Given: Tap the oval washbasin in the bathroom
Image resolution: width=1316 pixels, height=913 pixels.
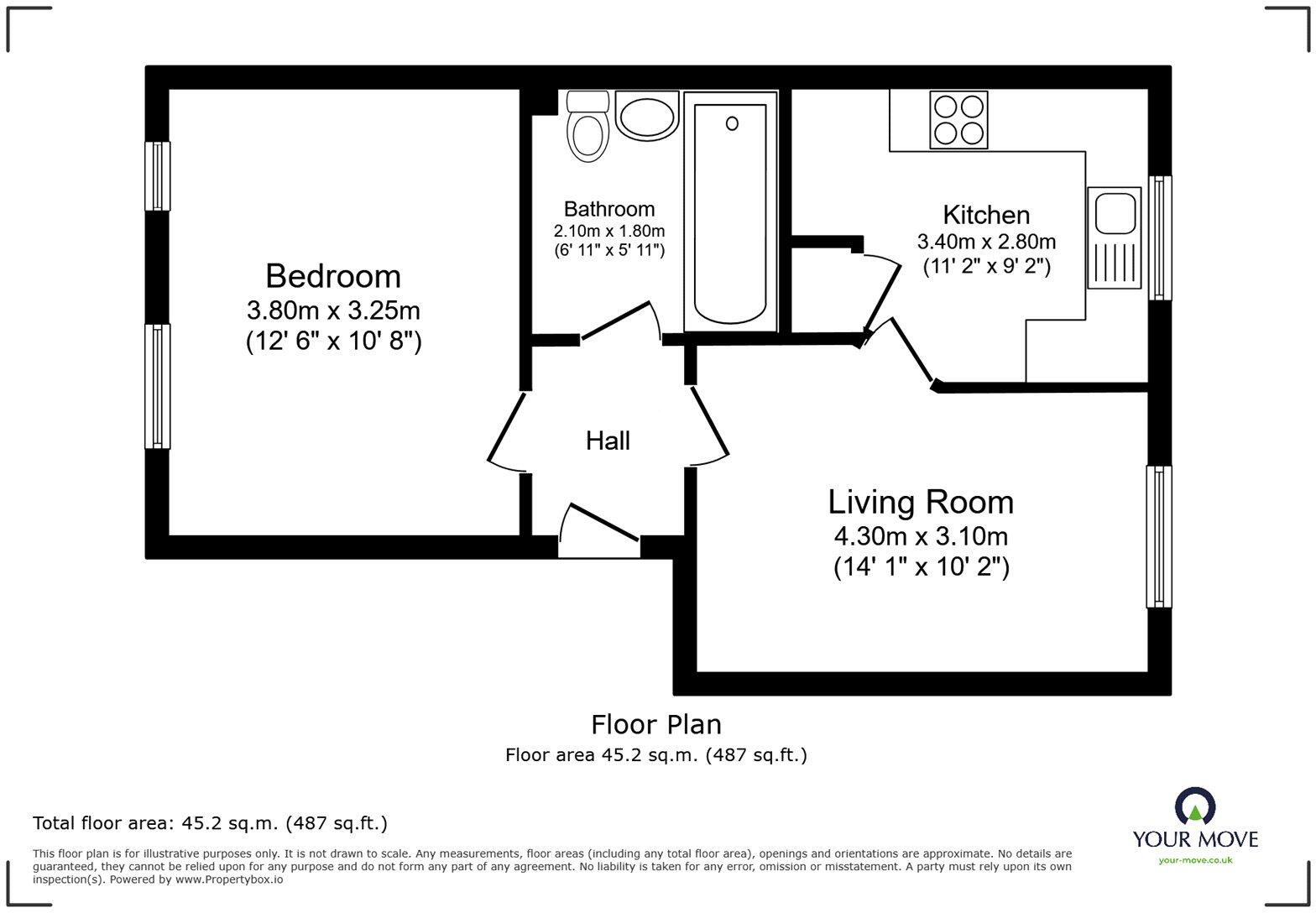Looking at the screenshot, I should (646, 116).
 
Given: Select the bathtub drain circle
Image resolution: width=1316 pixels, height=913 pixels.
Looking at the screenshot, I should (732, 123).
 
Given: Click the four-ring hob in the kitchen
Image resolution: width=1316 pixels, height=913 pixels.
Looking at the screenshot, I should (958, 120).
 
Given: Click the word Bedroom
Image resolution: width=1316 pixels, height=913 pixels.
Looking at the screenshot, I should (333, 276).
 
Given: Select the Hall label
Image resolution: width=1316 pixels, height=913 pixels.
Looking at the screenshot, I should (608, 441).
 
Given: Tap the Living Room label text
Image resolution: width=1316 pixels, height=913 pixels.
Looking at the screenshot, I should (921, 502).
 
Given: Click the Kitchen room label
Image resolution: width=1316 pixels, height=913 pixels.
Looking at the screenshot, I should (986, 215).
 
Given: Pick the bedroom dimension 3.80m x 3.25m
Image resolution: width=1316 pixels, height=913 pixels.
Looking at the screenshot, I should (333, 310).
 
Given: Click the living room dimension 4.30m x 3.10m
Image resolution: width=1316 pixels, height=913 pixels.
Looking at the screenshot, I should (921, 535).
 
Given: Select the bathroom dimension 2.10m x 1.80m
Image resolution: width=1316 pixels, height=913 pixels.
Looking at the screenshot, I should (608, 231).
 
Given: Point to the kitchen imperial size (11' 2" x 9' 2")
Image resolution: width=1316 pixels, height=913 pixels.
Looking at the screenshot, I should (986, 267).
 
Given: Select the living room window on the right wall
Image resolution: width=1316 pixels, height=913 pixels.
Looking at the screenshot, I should (1159, 536).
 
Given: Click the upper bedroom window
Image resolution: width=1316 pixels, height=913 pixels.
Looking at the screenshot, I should (157, 175).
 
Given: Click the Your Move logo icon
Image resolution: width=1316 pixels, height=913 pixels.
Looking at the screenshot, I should (1195, 807).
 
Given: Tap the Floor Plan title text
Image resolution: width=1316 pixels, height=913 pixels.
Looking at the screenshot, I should (656, 724).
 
